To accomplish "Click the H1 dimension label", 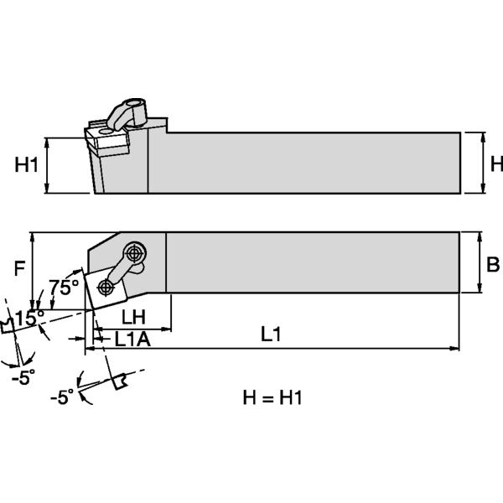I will (x=28, y=165).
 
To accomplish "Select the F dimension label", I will (x=21, y=269).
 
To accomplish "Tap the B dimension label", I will (x=492, y=266).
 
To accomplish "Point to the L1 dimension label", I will (x=270, y=334).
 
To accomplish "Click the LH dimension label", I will (x=134, y=317).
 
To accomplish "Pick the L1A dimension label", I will (x=132, y=340).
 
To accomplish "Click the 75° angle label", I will (x=65, y=288).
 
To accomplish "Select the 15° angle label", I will (x=28, y=318).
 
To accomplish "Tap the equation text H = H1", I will (x=267, y=397).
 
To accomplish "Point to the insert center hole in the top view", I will (x=105, y=287).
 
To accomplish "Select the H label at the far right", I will (x=495, y=163).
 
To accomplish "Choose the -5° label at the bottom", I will (x=61, y=397).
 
